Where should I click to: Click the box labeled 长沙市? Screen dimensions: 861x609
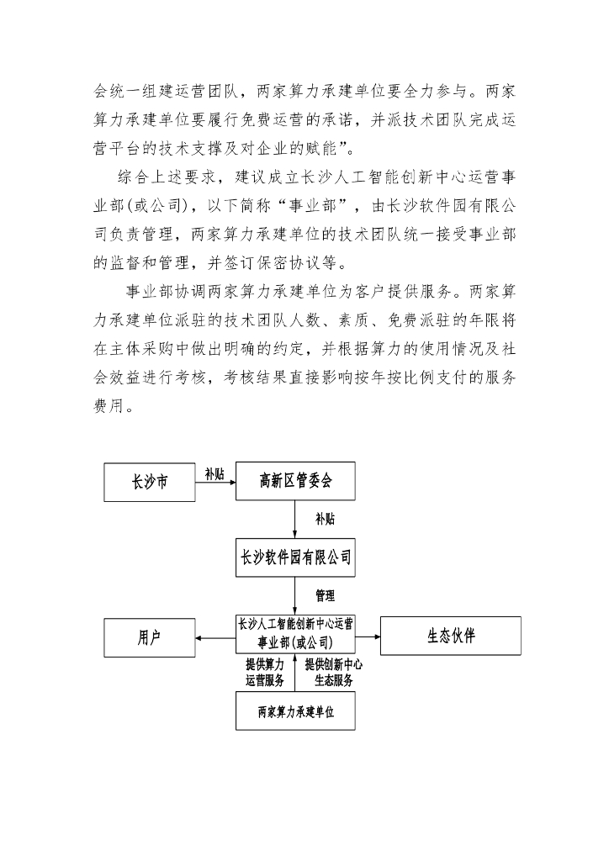click(149, 482)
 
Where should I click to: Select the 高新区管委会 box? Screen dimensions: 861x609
click(295, 482)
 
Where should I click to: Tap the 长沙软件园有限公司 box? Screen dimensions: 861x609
click(295, 557)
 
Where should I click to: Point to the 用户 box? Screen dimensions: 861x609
click(149, 637)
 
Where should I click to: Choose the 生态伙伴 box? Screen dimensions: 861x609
click(450, 637)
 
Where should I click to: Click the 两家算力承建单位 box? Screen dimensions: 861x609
click(295, 711)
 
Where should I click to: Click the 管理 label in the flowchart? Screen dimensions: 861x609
click(325, 596)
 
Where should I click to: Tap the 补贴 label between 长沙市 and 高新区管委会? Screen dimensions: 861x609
click(214, 474)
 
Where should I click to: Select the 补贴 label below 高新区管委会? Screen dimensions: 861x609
click(325, 520)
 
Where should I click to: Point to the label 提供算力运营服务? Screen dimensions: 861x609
click(264, 673)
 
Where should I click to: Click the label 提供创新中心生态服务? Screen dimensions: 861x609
click(333, 673)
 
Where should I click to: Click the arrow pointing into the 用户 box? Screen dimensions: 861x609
click(214, 638)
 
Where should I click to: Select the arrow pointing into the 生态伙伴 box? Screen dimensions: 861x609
click(368, 638)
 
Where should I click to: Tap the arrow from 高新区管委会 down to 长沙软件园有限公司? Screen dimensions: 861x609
click(295, 520)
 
